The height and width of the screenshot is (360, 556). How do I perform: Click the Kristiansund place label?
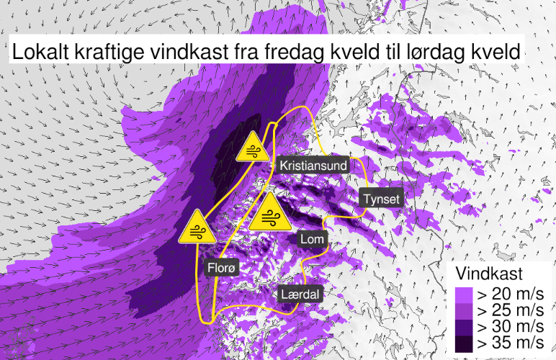[313, 166]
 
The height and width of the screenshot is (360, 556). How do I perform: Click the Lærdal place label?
[300, 294]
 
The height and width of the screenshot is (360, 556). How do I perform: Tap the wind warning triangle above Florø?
[196, 228]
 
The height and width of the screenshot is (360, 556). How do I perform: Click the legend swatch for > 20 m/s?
[462, 294]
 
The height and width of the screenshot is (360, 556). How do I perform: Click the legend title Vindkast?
[489, 274]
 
